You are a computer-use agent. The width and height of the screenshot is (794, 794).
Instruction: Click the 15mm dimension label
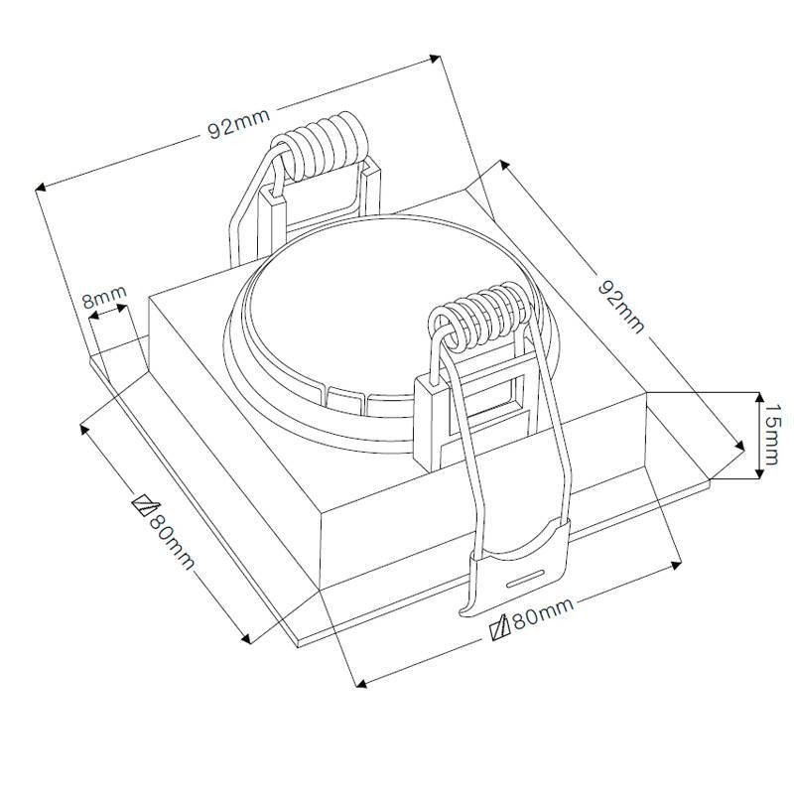[x=771, y=434]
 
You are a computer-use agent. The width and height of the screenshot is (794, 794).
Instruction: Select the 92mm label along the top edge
[x=239, y=123]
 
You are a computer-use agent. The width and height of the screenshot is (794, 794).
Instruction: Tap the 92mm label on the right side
[x=622, y=306]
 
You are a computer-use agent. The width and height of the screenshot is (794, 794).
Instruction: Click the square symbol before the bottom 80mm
[x=500, y=627]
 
